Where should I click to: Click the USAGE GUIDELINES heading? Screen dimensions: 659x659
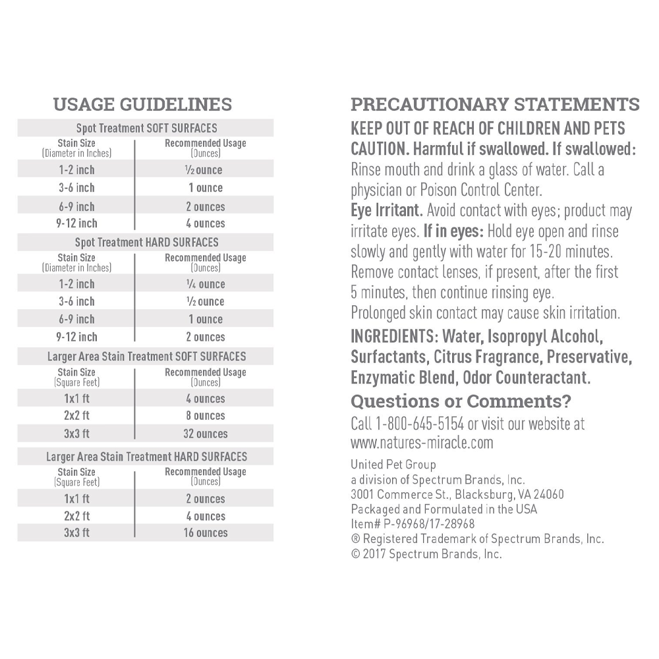click(142, 105)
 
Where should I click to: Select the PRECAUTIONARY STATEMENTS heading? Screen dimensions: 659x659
click(495, 105)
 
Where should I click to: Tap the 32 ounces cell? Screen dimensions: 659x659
click(205, 434)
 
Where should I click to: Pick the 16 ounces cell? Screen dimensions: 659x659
click(205, 532)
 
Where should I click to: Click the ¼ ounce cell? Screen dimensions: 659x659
click(205, 284)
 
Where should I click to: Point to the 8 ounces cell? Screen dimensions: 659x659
click(205, 416)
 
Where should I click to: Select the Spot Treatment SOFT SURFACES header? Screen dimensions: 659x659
click(146, 128)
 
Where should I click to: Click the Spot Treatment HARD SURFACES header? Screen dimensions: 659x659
click(146, 242)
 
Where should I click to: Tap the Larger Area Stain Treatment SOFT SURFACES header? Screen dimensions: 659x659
click(146, 357)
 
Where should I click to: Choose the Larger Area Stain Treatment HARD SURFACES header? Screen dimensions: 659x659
click(146, 456)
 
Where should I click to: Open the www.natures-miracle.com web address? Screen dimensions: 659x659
click(422, 442)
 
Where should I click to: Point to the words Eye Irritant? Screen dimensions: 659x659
click(386, 211)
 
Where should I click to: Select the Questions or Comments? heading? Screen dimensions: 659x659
click(461, 401)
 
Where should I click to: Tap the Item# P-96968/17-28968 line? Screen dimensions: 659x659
click(413, 524)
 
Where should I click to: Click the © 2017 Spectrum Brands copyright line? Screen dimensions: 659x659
click(426, 554)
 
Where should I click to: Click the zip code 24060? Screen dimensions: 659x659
click(548, 494)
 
